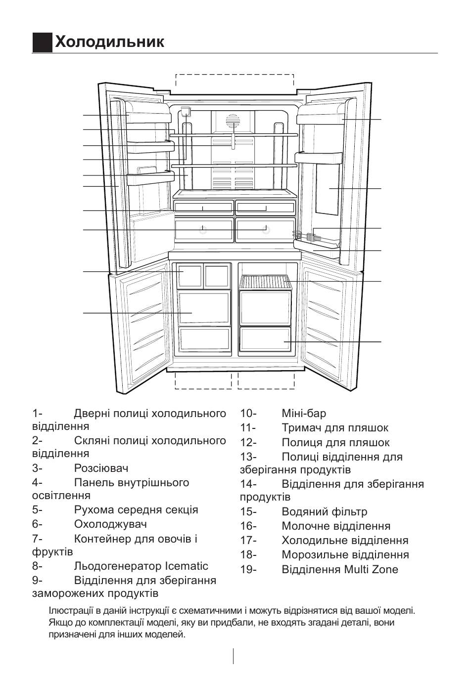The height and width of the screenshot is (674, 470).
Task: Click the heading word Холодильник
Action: (109, 42)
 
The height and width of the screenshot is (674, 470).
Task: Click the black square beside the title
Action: (43, 42)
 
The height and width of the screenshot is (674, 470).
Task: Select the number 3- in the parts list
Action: (38, 468)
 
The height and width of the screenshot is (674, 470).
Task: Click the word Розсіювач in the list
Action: (101, 468)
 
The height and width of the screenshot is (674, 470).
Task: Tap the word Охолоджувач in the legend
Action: (110, 524)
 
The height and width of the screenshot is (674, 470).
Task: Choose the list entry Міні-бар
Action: (304, 413)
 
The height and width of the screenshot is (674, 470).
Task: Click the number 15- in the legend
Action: (248, 512)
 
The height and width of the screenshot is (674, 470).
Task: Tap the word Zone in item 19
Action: (384, 569)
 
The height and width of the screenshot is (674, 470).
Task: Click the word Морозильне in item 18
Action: (317, 555)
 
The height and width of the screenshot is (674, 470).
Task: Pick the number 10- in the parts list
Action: (248, 413)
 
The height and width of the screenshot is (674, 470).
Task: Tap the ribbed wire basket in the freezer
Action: (265, 282)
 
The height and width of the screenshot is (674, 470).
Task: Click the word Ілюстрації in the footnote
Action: (70, 611)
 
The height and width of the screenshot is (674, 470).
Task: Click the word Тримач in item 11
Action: (299, 428)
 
